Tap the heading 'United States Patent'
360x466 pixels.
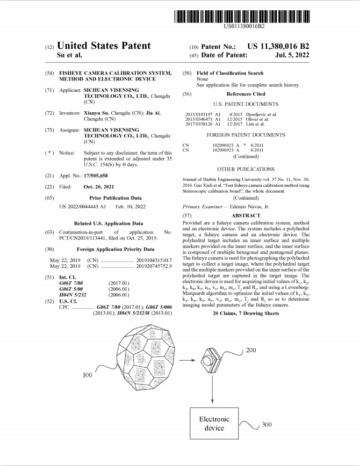click(104, 46)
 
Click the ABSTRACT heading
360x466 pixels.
click(245, 215)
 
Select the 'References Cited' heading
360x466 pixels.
click(245, 94)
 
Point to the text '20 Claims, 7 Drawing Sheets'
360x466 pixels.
click(246, 312)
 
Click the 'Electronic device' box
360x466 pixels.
click(214, 424)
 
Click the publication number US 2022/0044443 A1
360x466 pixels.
click(82, 206)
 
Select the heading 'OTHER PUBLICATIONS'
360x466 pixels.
click(245, 169)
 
